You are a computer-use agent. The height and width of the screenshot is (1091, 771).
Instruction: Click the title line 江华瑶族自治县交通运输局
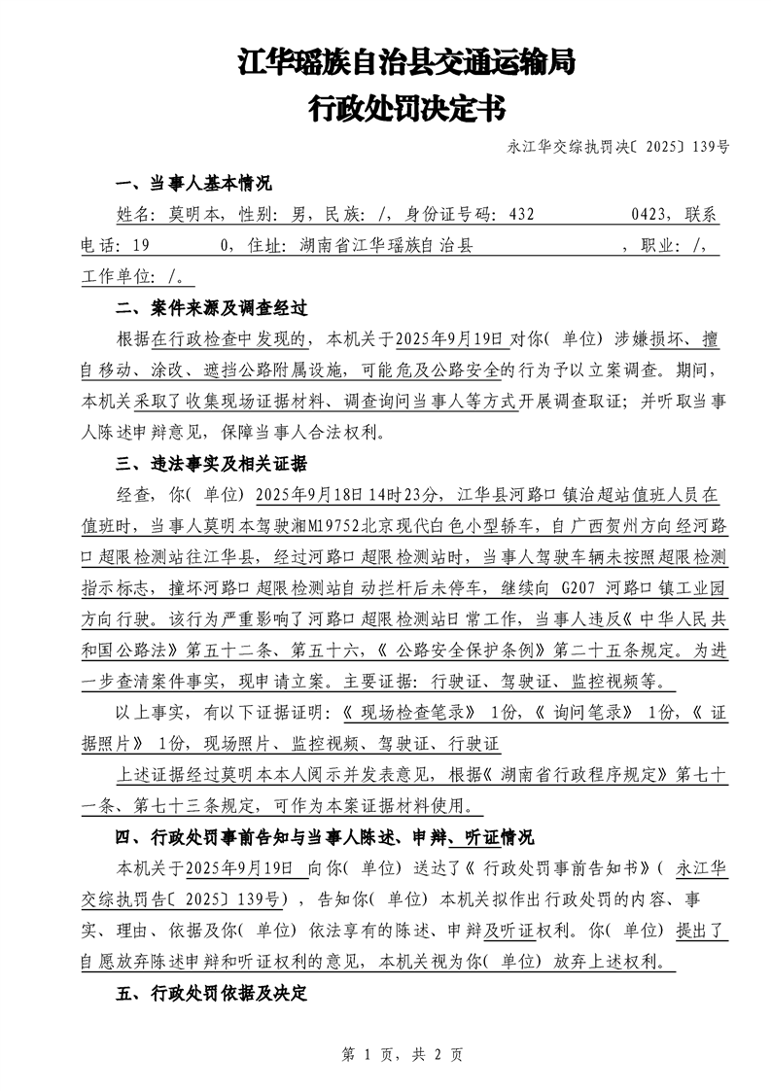coord(406,64)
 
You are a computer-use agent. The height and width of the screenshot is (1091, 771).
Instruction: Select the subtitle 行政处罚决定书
coord(406,108)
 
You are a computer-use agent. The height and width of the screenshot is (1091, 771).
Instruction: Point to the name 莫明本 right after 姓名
coord(195,215)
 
